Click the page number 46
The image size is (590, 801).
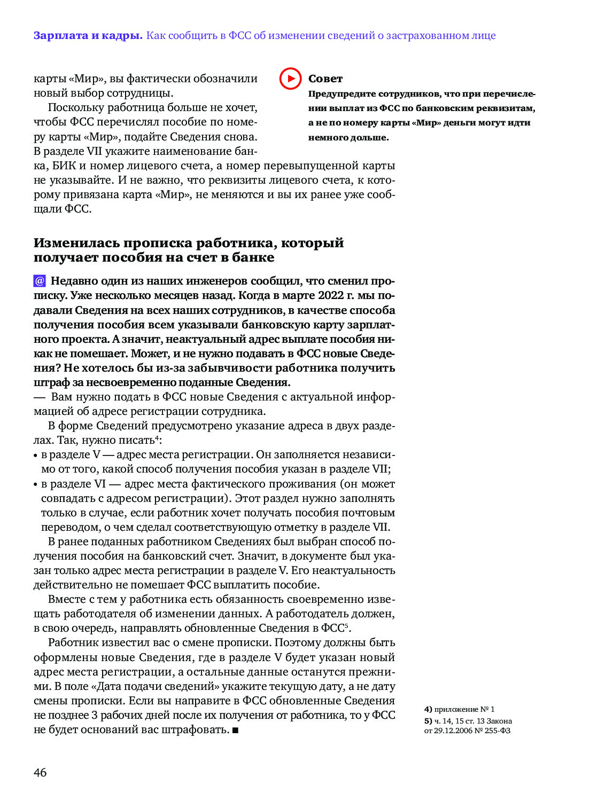pyautogui.click(x=40, y=772)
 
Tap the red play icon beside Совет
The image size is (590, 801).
pyautogui.click(x=290, y=79)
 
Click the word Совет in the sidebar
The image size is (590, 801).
pyautogui.click(x=325, y=79)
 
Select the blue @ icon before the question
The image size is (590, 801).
pyautogui.click(x=40, y=281)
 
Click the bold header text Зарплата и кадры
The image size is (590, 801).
pyautogui.click(x=88, y=36)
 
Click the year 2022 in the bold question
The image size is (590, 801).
pyautogui.click(x=331, y=295)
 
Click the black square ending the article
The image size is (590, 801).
pyautogui.click(x=236, y=730)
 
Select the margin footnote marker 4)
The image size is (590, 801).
pyautogui.click(x=428, y=709)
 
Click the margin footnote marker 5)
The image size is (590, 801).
pyautogui.click(x=428, y=721)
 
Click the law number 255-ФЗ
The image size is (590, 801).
pyautogui.click(x=498, y=731)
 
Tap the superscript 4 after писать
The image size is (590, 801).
pyautogui.click(x=157, y=438)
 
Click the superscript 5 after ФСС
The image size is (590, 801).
pyautogui.click(x=346, y=625)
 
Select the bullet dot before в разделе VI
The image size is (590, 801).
pyautogui.click(x=36, y=485)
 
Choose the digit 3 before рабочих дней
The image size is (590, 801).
pyautogui.click(x=95, y=715)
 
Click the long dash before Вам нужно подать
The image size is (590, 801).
pyautogui.click(x=40, y=397)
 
